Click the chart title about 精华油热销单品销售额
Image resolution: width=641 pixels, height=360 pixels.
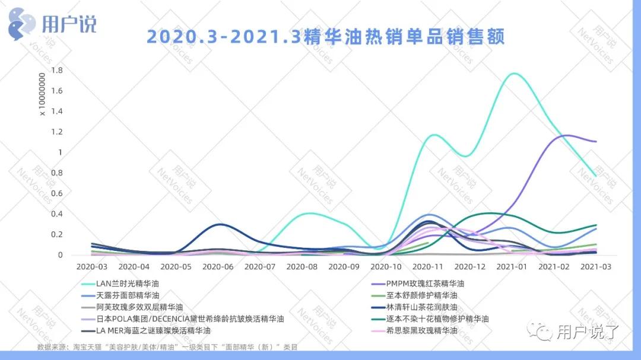tap(325, 37)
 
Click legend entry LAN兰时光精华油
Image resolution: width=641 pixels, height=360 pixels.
tap(128, 283)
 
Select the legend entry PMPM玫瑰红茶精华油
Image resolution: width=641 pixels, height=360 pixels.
tap(425, 283)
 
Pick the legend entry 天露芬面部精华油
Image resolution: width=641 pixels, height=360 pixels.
tap(128, 295)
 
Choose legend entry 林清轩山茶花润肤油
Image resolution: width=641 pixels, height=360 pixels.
tap(421, 307)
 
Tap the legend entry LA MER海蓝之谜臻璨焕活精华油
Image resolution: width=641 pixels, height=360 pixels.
tap(153, 330)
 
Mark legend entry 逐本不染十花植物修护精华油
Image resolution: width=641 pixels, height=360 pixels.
tap(437, 318)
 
